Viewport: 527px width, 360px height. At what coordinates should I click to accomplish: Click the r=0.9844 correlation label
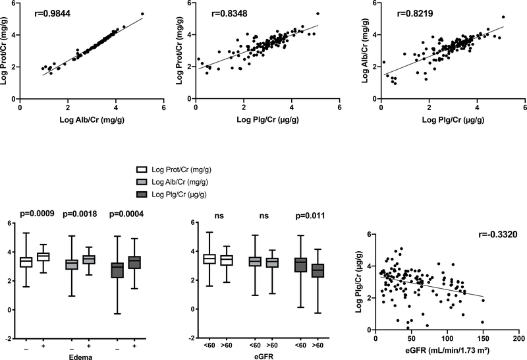[x=53, y=12]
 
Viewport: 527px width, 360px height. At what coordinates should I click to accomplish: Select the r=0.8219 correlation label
[x=414, y=12]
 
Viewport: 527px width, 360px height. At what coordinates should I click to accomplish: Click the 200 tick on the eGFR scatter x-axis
[x=518, y=338]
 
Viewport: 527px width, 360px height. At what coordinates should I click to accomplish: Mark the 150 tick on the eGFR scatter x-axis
[x=482, y=338]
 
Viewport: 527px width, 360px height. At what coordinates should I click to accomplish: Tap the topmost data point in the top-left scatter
[x=142, y=14]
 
